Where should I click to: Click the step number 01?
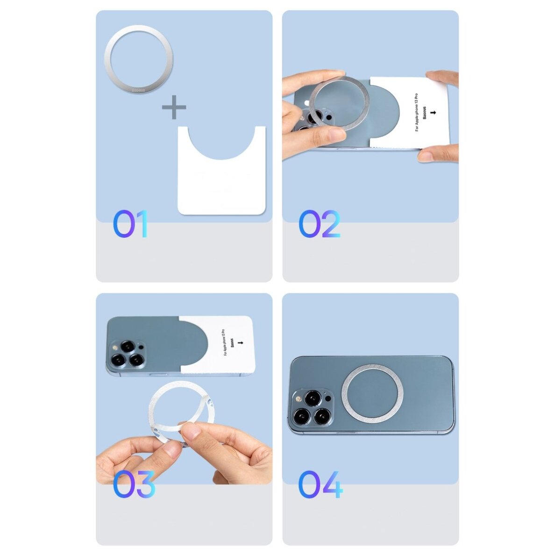pyautogui.click(x=130, y=224)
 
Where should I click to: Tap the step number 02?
pyautogui.click(x=319, y=224)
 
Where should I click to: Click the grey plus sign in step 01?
pyautogui.click(x=174, y=107)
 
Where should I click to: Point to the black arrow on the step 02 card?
pyautogui.click(x=434, y=113)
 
